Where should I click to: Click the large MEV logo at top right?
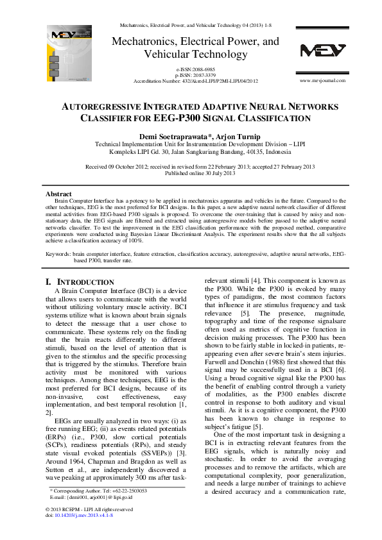(x=322, y=51)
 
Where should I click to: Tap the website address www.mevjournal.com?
(x=322, y=81)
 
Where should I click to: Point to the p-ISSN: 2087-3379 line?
(x=196, y=75)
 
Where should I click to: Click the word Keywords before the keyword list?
(x=58, y=255)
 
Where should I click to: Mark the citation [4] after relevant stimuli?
(x=255, y=281)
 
